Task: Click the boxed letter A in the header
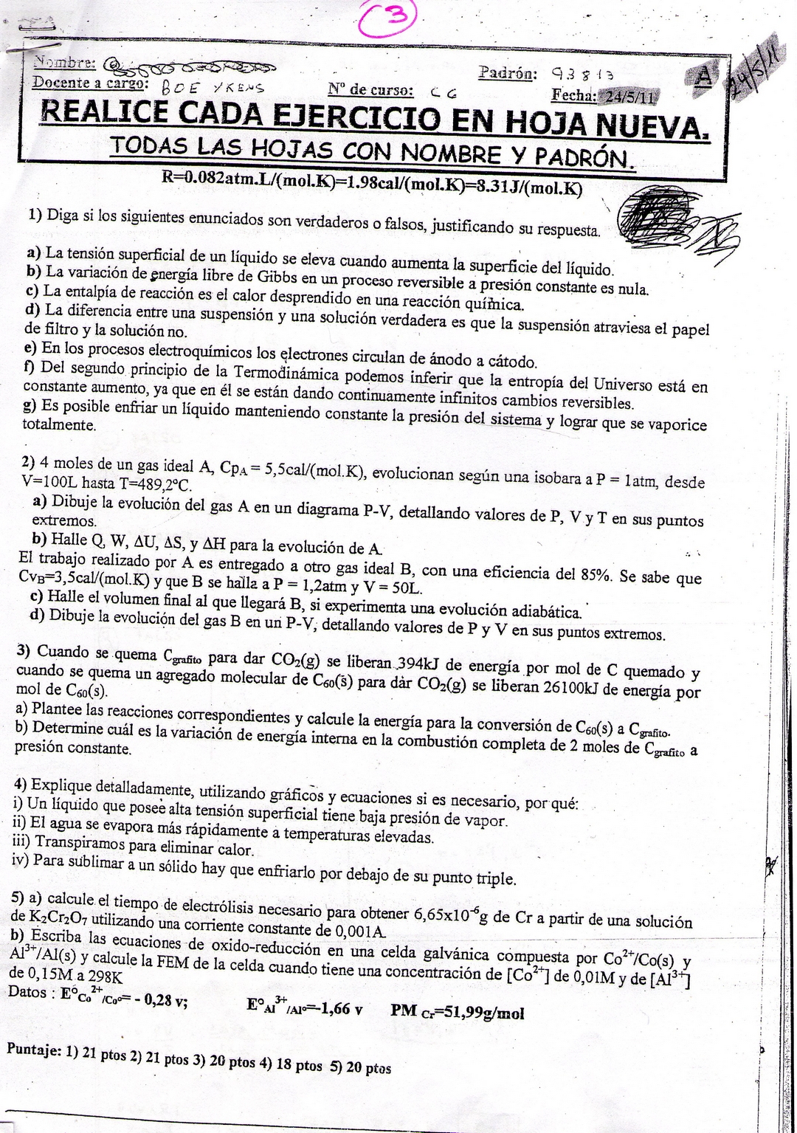click(x=703, y=76)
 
